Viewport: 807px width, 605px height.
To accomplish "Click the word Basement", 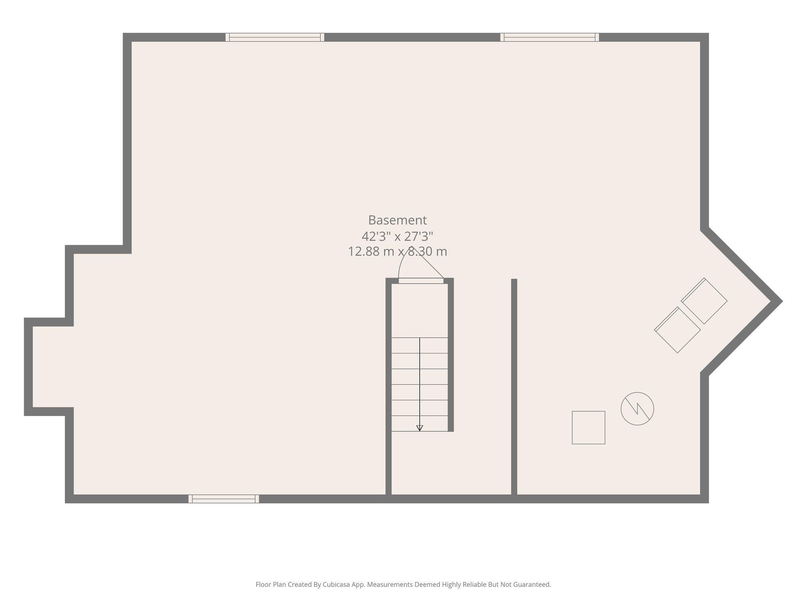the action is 397,220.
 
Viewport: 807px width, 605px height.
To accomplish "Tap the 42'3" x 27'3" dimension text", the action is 397,236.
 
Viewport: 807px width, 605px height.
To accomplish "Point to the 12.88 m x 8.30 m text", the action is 397,251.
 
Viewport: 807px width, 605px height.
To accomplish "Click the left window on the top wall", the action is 275,37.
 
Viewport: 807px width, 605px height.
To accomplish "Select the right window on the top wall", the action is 550,37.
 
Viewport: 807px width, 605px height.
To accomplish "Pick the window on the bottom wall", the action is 224,499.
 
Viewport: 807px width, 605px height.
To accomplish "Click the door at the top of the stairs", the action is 421,281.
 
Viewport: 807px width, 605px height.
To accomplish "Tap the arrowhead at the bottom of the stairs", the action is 420,428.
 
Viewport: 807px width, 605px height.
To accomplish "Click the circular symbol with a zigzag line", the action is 637,409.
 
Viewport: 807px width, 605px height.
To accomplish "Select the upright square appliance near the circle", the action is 588,428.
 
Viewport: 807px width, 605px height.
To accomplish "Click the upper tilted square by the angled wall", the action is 704,301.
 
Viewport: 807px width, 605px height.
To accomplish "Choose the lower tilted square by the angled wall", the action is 677,330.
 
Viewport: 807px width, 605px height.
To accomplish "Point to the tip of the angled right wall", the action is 782,301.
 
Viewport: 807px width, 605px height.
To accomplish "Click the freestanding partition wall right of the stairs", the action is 514,387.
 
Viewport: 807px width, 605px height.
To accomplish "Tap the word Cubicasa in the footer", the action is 336,584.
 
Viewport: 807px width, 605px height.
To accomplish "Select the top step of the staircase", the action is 420,345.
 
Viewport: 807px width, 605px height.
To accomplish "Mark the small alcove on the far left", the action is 49,367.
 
